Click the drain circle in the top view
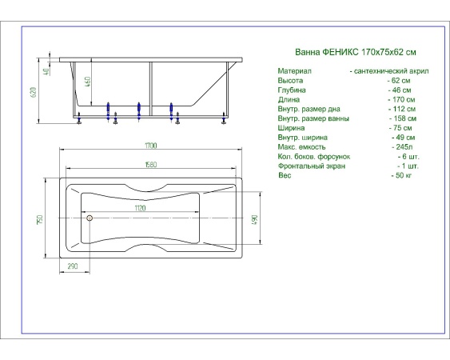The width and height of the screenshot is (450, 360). [x=90, y=218]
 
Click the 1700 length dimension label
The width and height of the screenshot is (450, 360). [x=151, y=146]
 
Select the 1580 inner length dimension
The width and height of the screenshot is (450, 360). [x=151, y=165]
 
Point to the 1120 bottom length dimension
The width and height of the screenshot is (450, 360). [x=140, y=208]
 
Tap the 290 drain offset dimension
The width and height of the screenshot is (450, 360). [x=73, y=266]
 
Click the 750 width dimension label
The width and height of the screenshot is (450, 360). [x=40, y=219]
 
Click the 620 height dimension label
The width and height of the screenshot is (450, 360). [x=33, y=93]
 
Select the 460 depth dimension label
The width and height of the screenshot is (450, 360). [x=88, y=82]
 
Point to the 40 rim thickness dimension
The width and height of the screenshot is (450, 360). [x=47, y=72]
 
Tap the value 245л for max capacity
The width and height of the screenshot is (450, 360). [x=403, y=147]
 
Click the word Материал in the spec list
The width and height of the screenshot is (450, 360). [x=294, y=71]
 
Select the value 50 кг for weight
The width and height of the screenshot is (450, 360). [x=402, y=175]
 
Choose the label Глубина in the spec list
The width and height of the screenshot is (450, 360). [x=292, y=90]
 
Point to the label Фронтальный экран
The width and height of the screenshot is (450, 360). [x=312, y=166]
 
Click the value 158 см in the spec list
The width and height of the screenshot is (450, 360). [x=403, y=118]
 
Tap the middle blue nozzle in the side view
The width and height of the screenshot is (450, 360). [x=139, y=111]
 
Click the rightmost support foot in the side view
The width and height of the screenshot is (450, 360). [x=224, y=118]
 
